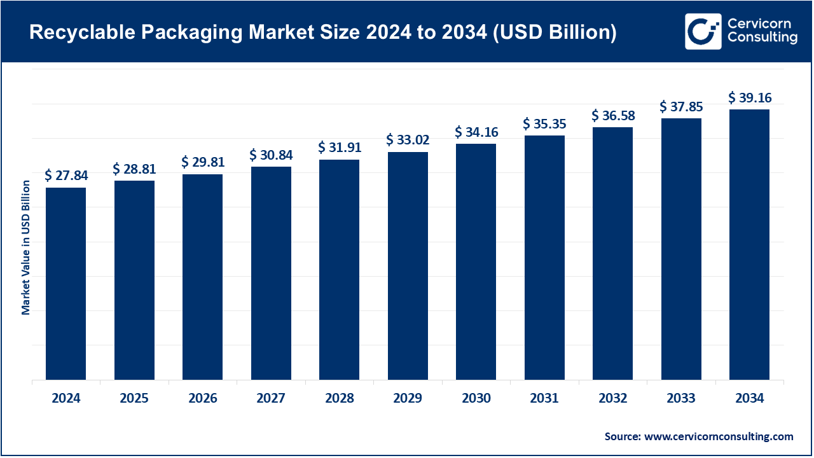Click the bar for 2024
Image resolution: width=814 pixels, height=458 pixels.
coord(66,284)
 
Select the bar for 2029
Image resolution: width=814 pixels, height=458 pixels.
coord(408,266)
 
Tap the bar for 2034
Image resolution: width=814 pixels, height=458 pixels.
coord(749,245)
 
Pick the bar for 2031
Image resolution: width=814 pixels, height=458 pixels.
coord(544,258)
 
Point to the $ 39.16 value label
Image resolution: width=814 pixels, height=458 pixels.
coord(749,97)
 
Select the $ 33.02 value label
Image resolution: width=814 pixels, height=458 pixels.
coord(408,139)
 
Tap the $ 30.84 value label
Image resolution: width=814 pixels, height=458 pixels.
coord(271,155)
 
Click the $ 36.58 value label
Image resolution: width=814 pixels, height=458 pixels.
coord(612,115)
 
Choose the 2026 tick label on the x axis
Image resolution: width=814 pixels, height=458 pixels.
coord(202,399)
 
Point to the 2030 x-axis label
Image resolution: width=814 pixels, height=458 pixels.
coord(476,399)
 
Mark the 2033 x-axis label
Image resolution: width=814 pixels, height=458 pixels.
coord(681,399)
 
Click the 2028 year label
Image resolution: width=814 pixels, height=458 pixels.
coord(339,399)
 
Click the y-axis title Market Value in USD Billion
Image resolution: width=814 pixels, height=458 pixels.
coord(26,247)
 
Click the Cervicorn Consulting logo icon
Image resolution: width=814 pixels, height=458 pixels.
coord(703,31)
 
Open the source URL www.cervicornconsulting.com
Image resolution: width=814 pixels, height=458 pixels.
coord(719,436)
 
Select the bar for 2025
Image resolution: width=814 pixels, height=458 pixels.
coord(134,280)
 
